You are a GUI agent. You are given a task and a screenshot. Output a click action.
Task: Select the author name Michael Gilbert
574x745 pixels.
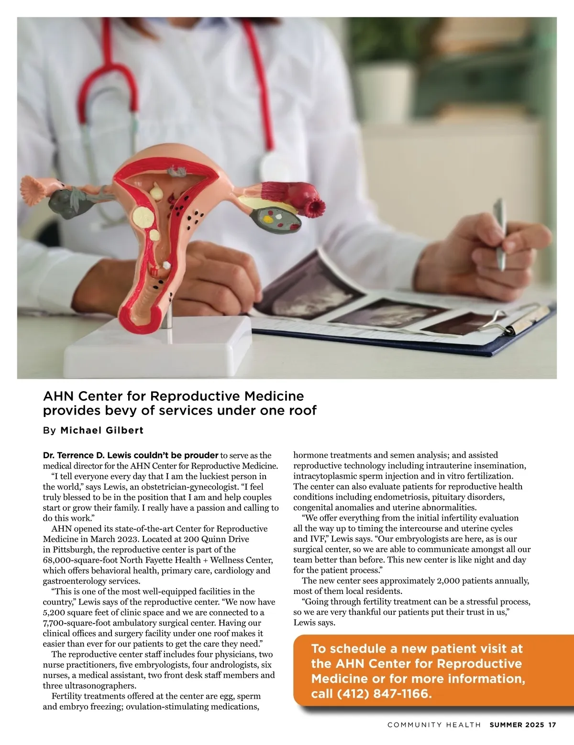pyautogui.click(x=102, y=430)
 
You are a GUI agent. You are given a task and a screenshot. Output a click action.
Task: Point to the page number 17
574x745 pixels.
pyautogui.click(x=552, y=725)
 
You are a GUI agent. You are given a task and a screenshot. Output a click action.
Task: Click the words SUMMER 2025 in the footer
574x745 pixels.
pyautogui.click(x=517, y=725)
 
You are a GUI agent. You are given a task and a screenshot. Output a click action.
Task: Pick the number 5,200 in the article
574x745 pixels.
pyautogui.click(x=55, y=613)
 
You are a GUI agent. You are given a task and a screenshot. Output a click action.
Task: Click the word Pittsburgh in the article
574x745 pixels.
pyautogui.click(x=73, y=549)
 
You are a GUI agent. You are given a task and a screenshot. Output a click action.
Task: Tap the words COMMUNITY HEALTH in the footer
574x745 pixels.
pyautogui.click(x=434, y=725)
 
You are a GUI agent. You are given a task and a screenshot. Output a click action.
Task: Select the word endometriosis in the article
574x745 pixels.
pyautogui.click(x=402, y=497)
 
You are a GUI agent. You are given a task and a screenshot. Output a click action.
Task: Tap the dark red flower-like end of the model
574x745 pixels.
pyautogui.click(x=315, y=208)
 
